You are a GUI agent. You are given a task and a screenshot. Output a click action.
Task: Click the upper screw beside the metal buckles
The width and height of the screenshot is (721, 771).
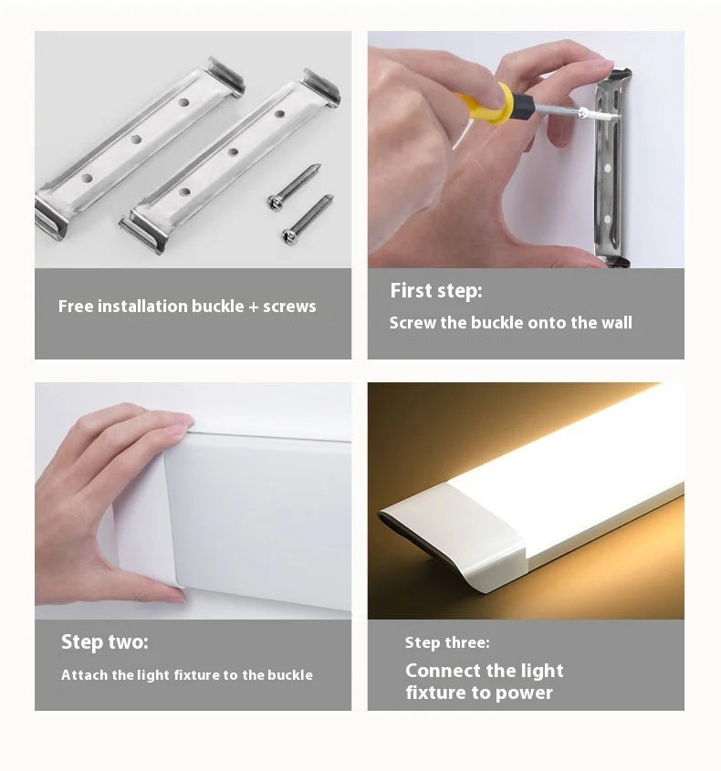[294, 186]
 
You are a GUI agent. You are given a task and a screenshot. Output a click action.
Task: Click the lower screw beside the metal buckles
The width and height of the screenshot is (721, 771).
[308, 219]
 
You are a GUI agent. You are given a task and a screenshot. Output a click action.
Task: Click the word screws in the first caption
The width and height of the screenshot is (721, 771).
[289, 307]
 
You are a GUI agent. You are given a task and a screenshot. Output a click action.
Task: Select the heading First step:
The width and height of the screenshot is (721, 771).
[436, 291]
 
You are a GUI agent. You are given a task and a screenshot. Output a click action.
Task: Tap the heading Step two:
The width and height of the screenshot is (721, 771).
[104, 642]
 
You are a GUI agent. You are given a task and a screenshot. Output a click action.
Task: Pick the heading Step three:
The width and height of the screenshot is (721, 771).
[447, 642]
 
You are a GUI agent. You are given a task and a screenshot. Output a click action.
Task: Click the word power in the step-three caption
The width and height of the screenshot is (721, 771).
[524, 693]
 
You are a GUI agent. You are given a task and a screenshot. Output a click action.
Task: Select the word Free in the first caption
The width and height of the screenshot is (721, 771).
[76, 307]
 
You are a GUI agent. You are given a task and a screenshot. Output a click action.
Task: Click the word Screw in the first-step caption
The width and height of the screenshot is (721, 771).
[413, 323]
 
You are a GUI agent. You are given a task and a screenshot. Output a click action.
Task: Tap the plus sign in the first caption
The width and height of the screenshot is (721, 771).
[254, 307]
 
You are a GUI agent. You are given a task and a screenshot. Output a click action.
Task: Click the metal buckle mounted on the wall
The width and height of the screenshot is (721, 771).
[611, 167]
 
